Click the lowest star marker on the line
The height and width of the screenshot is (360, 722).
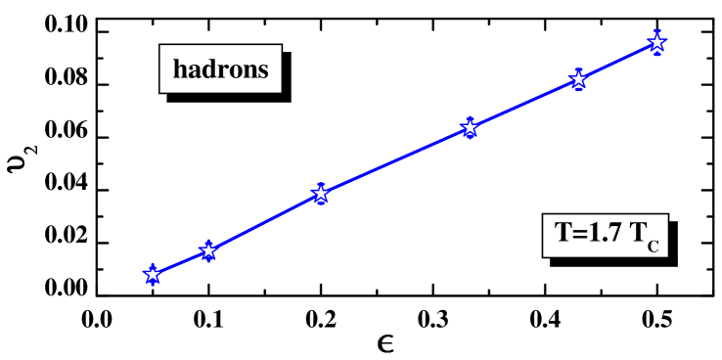(x=152, y=275)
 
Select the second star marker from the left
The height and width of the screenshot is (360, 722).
(x=207, y=251)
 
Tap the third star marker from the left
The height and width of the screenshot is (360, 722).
(x=320, y=194)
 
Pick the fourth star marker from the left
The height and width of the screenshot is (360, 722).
(x=470, y=128)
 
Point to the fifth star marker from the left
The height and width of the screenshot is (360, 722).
(x=578, y=80)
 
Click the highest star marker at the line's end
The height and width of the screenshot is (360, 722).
(x=656, y=42)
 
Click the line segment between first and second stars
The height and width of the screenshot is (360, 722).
(x=180, y=263)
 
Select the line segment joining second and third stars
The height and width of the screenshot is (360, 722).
(x=264, y=222)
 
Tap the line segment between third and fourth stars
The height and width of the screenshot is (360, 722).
(x=395, y=160)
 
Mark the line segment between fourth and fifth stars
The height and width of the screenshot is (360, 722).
(x=524, y=104)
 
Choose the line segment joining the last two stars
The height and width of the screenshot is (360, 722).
(x=617, y=62)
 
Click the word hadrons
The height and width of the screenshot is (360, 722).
(x=220, y=70)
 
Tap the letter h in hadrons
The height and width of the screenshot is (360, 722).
(x=180, y=70)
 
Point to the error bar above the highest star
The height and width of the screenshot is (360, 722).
(x=656, y=32)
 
